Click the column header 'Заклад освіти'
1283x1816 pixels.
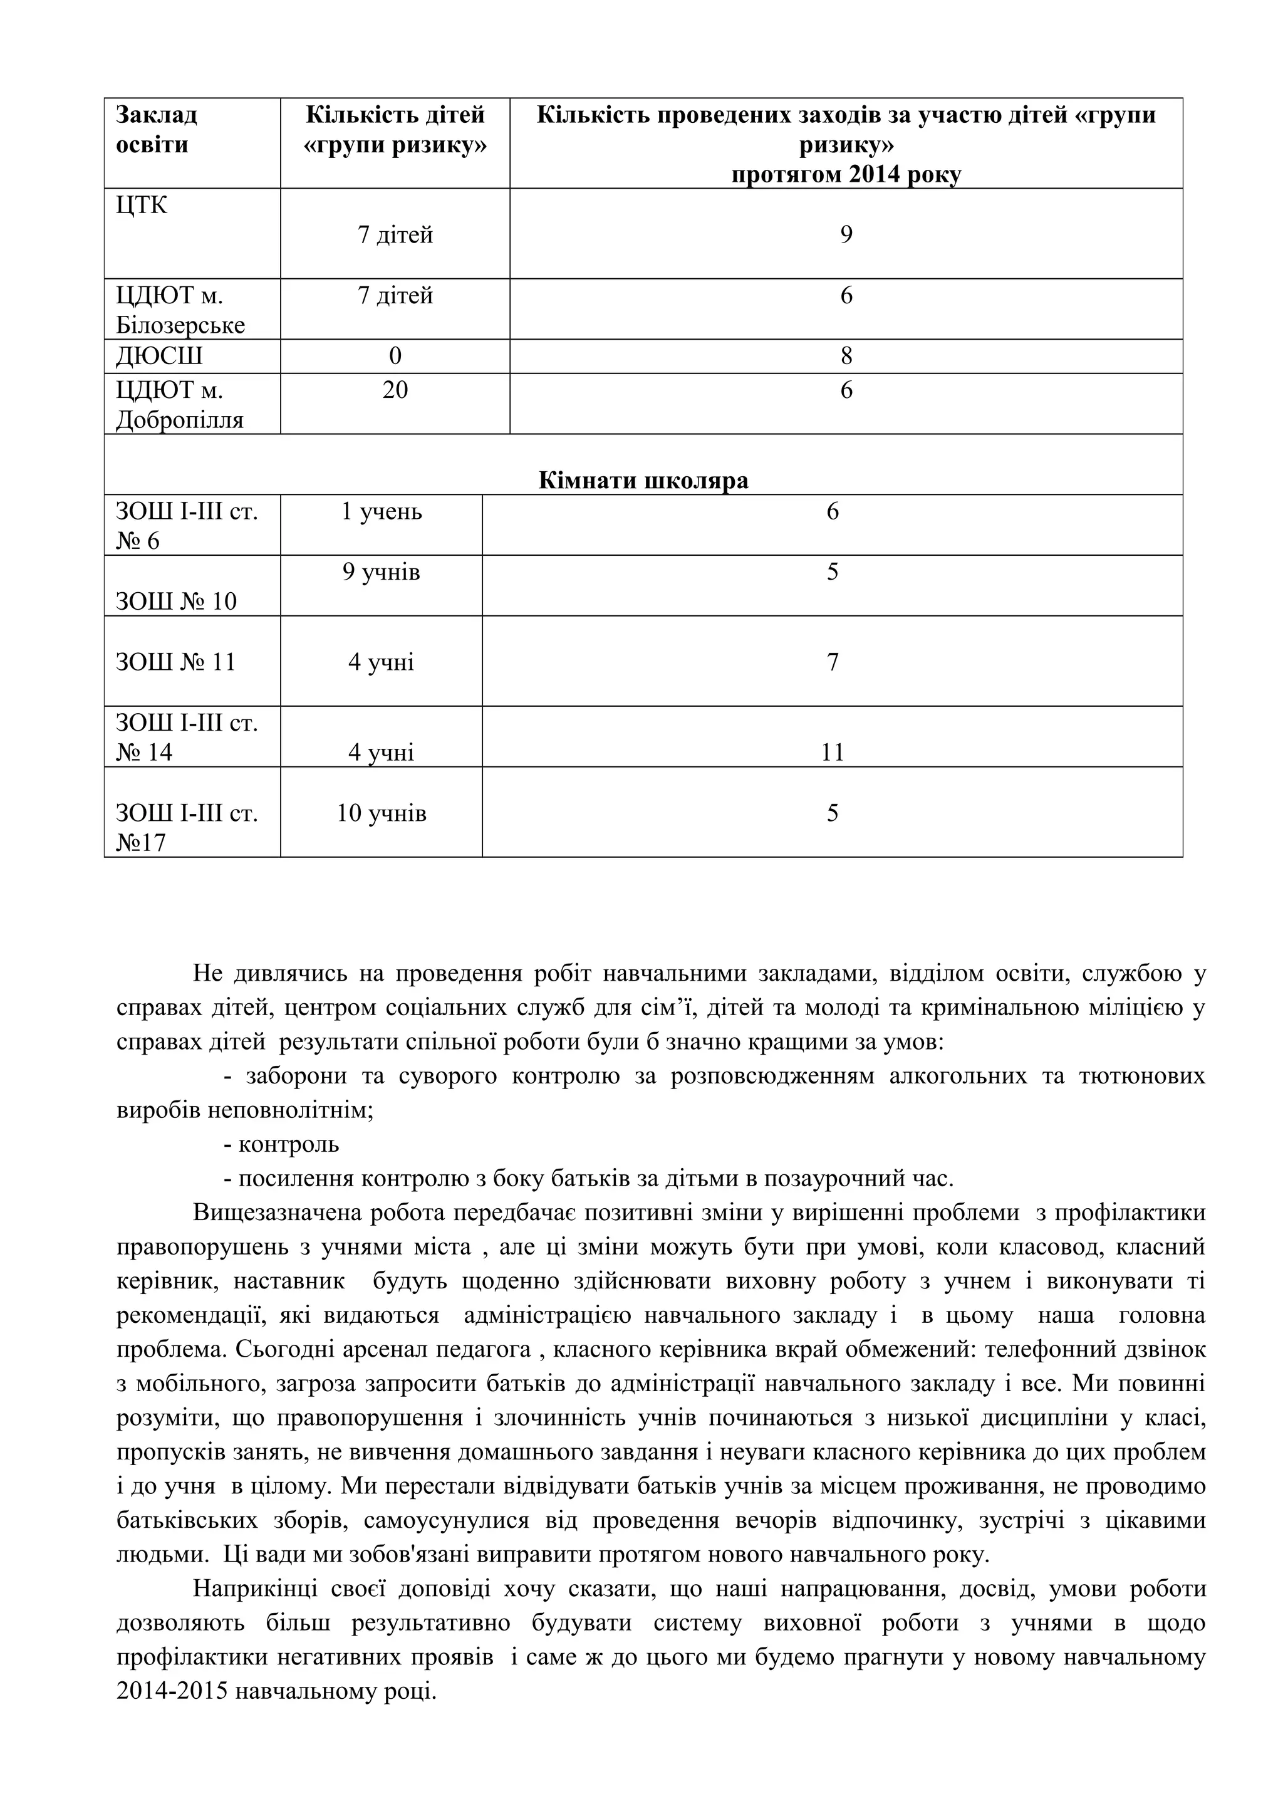[x=156, y=130]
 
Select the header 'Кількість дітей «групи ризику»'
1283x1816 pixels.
[x=395, y=130]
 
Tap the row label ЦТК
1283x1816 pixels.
[x=142, y=205]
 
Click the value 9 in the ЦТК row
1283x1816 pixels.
[x=846, y=235]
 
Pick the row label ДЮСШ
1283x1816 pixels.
[x=159, y=356]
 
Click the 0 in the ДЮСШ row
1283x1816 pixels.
[x=395, y=356]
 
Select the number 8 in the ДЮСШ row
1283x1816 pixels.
[x=846, y=356]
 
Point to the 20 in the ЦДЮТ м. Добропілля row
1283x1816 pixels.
[x=395, y=390]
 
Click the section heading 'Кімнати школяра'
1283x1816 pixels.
[x=643, y=480]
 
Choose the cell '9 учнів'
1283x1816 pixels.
[x=381, y=572]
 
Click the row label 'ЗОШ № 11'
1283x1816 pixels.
[x=175, y=661]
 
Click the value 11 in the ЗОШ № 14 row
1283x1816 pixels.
[x=833, y=751]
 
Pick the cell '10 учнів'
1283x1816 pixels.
[x=381, y=813]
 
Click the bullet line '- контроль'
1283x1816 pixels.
[x=281, y=1144]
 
